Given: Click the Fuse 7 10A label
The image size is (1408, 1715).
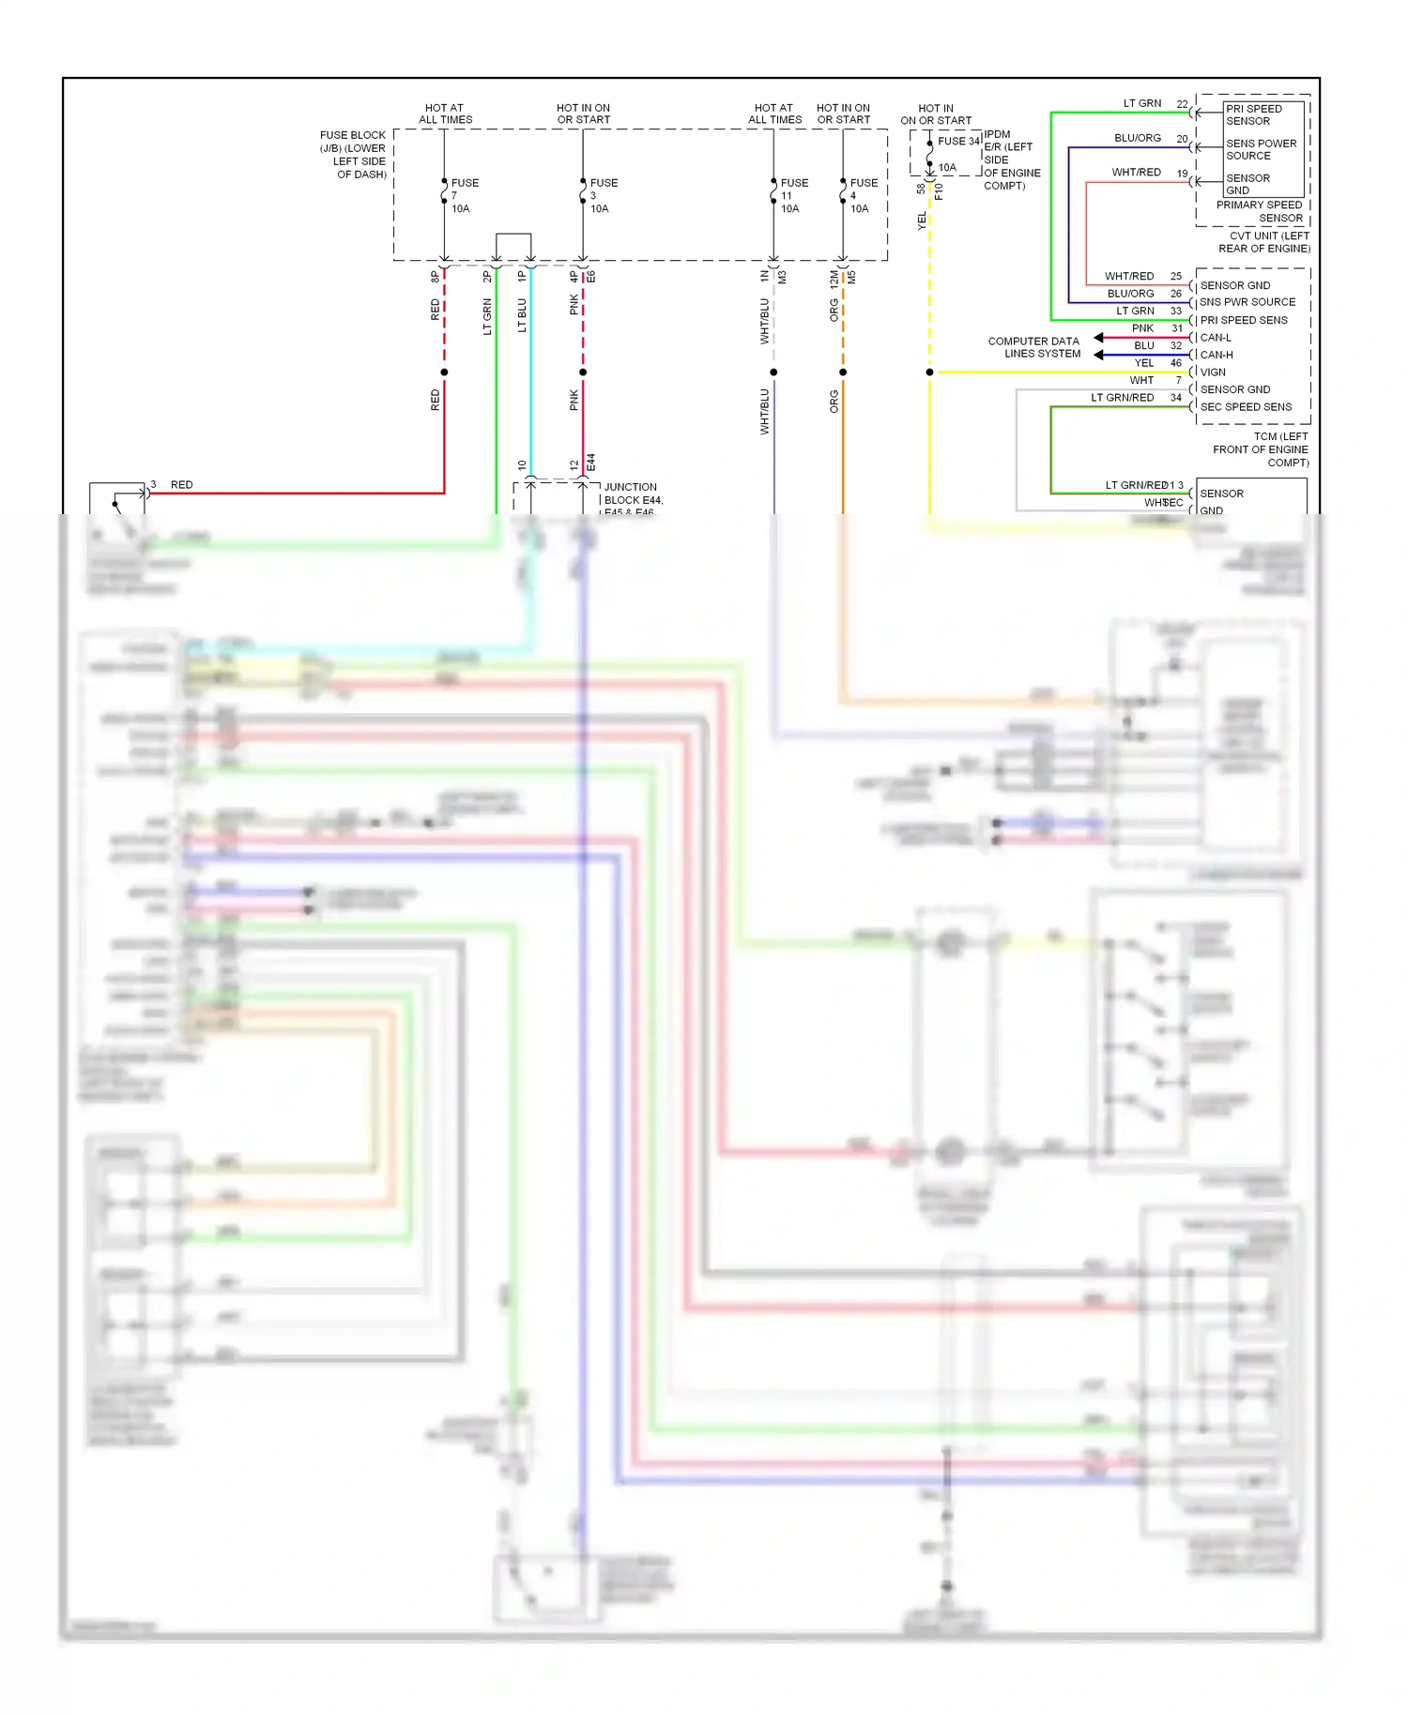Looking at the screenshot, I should pos(463,195).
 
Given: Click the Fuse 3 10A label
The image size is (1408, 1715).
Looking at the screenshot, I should pos(603,195).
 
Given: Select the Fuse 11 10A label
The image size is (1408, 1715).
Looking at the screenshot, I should pos(793,195).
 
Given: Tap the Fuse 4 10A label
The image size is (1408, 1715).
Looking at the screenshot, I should pos(863,195).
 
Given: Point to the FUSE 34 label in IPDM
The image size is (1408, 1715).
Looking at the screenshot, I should pos(958,141).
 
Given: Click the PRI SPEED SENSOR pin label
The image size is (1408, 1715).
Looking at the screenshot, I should pos(1253,114).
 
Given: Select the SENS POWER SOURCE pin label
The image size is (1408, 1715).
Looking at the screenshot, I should pos(1261,149).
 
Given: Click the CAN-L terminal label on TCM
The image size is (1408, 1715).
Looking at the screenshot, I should pos(1216,338).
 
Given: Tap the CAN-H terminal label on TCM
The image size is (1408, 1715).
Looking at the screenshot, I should pos(1217,355).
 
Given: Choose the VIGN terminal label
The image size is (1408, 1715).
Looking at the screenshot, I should pos(1213,372).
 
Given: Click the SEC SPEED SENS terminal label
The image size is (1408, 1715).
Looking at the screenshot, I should pos(1246,407).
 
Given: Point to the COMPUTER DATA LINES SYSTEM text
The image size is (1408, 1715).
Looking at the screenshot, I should pos(1033,347).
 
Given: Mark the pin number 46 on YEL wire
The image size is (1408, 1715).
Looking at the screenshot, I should pos(1175,363).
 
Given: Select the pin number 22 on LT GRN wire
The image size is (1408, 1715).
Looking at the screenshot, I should pos(1182,104).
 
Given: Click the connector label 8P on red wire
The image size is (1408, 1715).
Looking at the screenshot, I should pos(435,277).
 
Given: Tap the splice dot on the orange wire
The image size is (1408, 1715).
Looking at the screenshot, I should pos(843,372).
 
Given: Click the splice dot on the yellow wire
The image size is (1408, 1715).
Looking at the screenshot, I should pos(930,372).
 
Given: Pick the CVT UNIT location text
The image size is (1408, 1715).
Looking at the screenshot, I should pos(1264,242).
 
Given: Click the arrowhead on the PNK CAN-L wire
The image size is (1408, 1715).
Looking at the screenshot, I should pos(1099,338).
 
